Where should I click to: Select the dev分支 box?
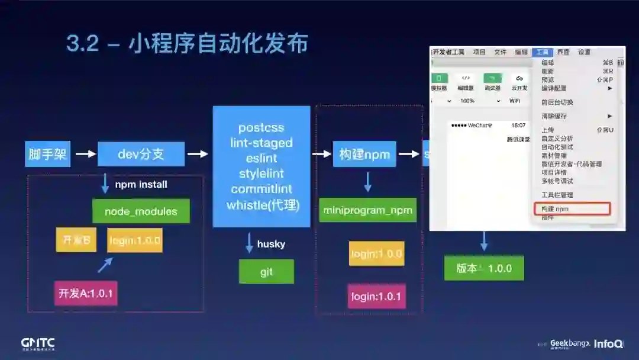pyautogui.click(x=141, y=155)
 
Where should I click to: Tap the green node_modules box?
pyautogui.click(x=141, y=211)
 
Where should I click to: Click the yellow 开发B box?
pyautogui.click(x=76, y=240)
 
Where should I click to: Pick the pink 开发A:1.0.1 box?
pyautogui.click(x=86, y=293)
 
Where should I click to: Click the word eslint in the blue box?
pyautogui.click(x=262, y=159)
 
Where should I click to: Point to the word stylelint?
pyautogui.click(x=262, y=174)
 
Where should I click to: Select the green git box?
pyautogui.click(x=266, y=272)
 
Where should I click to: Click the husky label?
pyautogui.click(x=271, y=244)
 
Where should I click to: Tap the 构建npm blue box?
pyautogui.click(x=364, y=155)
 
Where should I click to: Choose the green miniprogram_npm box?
pyautogui.click(x=367, y=210)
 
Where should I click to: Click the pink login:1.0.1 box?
pyautogui.click(x=376, y=296)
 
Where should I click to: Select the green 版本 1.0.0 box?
pyautogui.click(x=484, y=268)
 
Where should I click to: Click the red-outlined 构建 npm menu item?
pyautogui.click(x=572, y=209)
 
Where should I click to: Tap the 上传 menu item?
pyautogui.click(x=548, y=130)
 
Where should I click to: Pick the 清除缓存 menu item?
pyautogui.click(x=554, y=116)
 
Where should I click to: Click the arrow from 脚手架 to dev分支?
pyautogui.click(x=85, y=155)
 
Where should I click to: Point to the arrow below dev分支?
pyautogui.click(x=105, y=184)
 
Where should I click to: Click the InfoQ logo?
pyautogui.click(x=609, y=343)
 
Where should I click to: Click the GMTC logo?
pyautogui.click(x=38, y=343)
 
